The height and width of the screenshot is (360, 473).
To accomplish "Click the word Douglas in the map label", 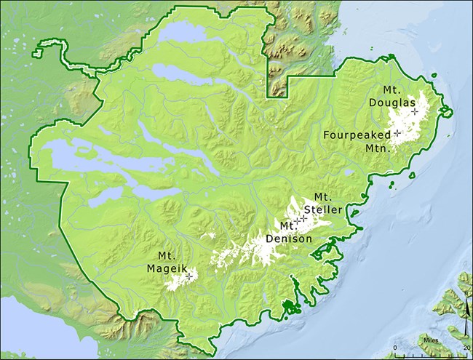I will click(390, 103).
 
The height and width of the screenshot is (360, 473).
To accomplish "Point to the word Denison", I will click(289, 238).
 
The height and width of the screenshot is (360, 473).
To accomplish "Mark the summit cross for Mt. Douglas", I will click(415, 111).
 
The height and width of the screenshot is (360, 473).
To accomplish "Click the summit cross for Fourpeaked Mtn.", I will click(397, 134).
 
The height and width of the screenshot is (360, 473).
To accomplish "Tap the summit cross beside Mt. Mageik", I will click(188, 276).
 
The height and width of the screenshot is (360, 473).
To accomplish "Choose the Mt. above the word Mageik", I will click(167, 255).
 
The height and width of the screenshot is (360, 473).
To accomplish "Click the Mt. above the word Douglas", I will click(389, 91).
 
